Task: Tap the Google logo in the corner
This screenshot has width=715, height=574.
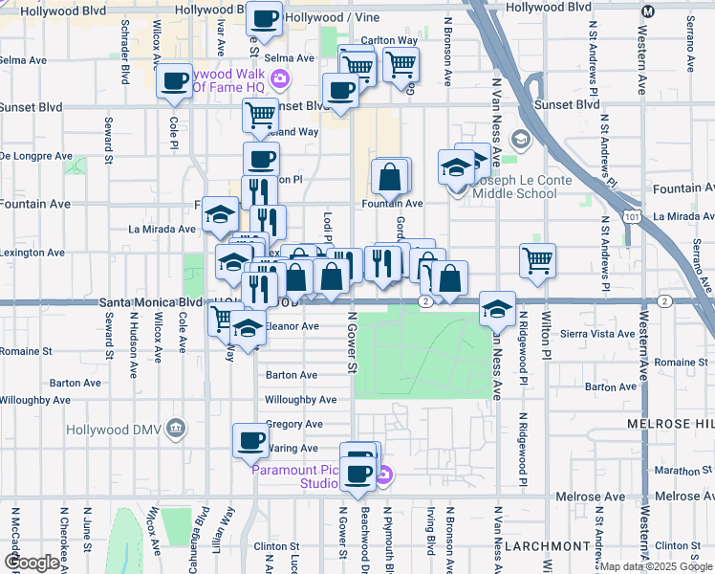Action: coord(32,563)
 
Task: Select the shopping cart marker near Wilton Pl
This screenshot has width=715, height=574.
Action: coord(538,259)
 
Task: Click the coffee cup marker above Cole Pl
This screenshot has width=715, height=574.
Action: coord(174,82)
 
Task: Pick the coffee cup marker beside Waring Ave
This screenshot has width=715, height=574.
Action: coord(250,440)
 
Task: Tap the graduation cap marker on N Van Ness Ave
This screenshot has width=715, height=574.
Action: coord(497,308)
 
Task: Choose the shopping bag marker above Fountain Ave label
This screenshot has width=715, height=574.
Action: coord(390,176)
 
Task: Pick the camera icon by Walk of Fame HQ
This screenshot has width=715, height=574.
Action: coord(280,77)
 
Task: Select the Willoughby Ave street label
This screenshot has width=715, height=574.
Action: coord(300,400)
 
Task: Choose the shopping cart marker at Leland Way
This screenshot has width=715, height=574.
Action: coord(260,116)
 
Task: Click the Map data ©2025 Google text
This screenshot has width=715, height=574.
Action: coord(656,566)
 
